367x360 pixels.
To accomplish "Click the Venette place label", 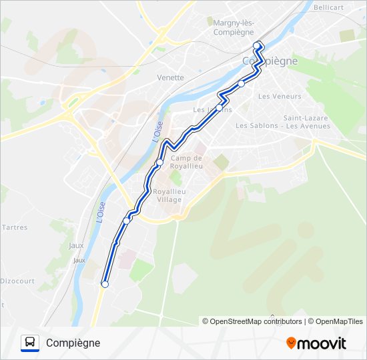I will (x=170, y=77).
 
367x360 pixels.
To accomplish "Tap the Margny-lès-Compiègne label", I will (x=234, y=27).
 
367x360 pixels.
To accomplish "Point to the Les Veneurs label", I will (x=280, y=96).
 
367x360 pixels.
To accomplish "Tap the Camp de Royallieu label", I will (x=186, y=162).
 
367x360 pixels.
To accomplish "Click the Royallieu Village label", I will (x=169, y=195).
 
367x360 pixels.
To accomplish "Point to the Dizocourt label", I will (x=17, y=281).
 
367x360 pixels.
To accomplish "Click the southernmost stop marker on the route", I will (x=105, y=284).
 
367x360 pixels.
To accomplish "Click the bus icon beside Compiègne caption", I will (x=30, y=343).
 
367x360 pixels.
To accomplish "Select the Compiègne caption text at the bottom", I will (x=73, y=343).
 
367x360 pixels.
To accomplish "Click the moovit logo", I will (x=316, y=343).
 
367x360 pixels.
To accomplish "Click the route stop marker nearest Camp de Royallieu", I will (x=159, y=162).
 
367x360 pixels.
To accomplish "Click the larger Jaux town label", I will (x=76, y=245).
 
